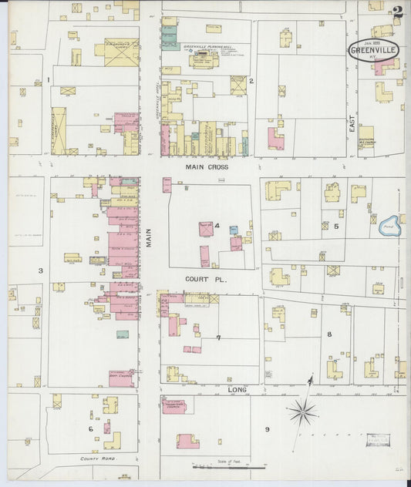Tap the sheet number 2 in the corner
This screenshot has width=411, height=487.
pyautogui.click(x=397, y=12)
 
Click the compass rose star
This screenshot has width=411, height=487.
pyautogui.click(x=302, y=412)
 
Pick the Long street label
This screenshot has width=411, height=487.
pyautogui.click(x=236, y=391)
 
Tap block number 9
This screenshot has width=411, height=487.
pyautogui.click(x=267, y=429)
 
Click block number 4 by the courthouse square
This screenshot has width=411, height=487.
pyautogui.click(x=217, y=226)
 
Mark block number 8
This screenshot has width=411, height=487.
pyautogui.click(x=328, y=334)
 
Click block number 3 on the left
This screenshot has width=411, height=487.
pyautogui.click(x=40, y=270)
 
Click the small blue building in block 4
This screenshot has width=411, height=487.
pyautogui.click(x=233, y=229)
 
